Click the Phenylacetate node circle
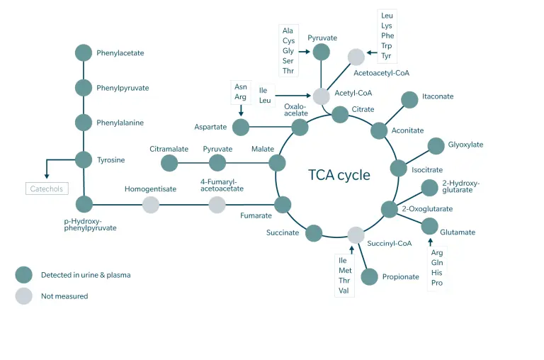84,52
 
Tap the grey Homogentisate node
150,205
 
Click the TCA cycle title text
339,175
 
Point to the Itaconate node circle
409,100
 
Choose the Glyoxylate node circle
436,146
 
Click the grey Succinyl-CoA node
356,235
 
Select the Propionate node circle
369,276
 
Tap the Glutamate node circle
430,227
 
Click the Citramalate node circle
169,163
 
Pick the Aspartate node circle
241,128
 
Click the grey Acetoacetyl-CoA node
356,57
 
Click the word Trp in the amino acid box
387,45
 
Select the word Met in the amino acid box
345,271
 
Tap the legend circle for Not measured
24,296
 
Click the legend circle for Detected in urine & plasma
24,275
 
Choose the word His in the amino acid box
437,273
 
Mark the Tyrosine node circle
84,160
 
